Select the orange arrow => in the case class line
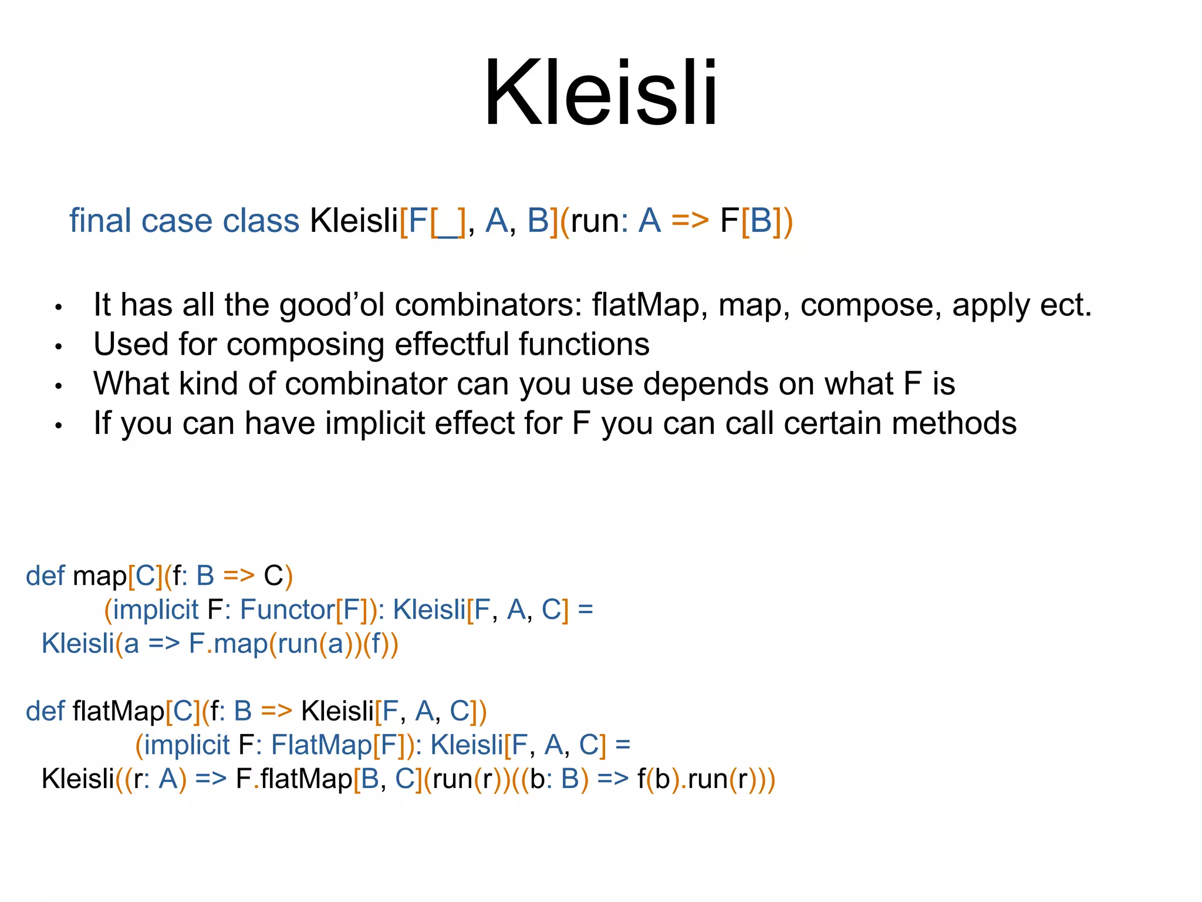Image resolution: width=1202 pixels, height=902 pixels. (690, 221)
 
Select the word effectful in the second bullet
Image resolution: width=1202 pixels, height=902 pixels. (453, 344)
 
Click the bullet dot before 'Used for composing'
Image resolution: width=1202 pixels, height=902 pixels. (58, 347)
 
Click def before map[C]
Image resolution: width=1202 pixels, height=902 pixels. (45, 575)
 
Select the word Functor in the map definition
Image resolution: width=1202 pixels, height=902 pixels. (287, 610)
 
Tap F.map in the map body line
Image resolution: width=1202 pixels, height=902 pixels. (228, 644)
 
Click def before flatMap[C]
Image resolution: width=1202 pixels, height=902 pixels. (45, 711)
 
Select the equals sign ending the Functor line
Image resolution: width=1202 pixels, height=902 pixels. (585, 610)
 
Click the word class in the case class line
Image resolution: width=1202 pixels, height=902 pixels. (261, 221)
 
